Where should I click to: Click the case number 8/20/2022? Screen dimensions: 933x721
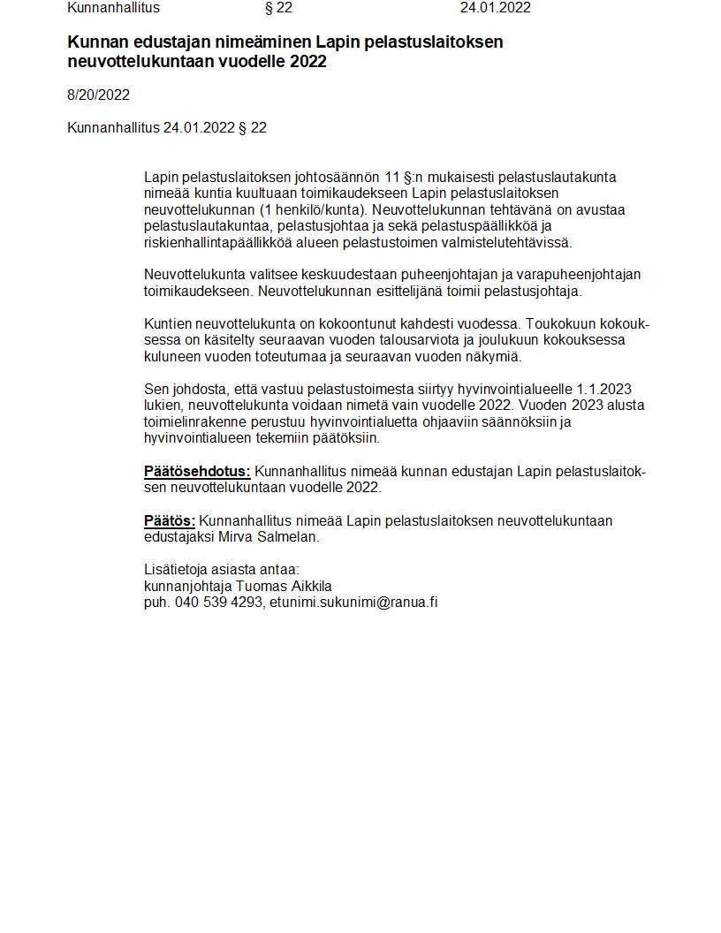98,95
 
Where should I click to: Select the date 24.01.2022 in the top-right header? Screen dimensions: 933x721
495,8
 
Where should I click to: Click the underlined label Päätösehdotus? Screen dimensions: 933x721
197,472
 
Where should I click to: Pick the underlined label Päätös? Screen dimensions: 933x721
170,521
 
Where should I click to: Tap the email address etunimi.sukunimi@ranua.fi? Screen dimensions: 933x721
354,603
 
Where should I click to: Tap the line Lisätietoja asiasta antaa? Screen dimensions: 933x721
222,570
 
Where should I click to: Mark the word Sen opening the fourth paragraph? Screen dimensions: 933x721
156,390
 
